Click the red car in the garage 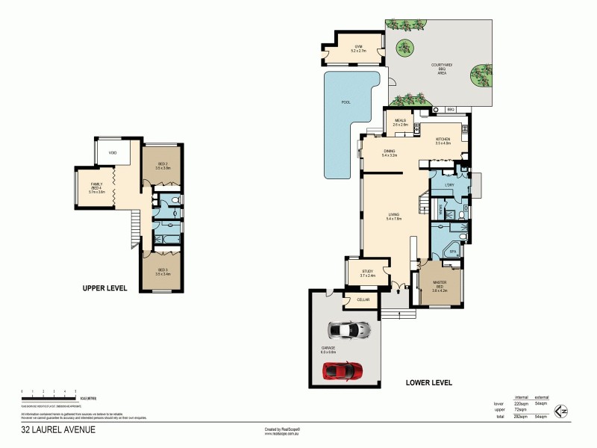pyautogui.click(x=343, y=370)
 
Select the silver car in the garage pyautogui.click(x=348, y=329)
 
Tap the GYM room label pyautogui.click(x=358, y=46)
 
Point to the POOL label pyautogui.click(x=346, y=102)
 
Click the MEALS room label pyautogui.click(x=400, y=122)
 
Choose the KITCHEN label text pyautogui.click(x=443, y=140)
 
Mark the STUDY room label pyautogui.click(x=367, y=272)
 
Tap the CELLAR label pyautogui.click(x=363, y=299)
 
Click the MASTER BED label pyautogui.click(x=440, y=284)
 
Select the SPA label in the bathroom pyautogui.click(x=452, y=252)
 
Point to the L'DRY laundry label pyautogui.click(x=449, y=184)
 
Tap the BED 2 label pyautogui.click(x=164, y=165)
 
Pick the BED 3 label pyautogui.click(x=162, y=271)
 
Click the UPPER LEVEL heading pyautogui.click(x=105, y=288)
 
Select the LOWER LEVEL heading pyautogui.click(x=428, y=382)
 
